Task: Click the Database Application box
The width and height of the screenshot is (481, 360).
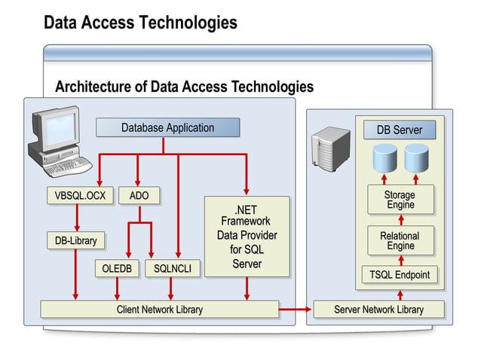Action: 167,128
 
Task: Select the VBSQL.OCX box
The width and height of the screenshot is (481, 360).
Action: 80,196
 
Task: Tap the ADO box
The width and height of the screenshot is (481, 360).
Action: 139,196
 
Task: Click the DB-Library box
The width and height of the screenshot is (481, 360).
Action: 75,240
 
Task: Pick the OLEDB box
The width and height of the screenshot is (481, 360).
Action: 117,268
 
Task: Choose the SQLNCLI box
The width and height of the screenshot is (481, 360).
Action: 172,268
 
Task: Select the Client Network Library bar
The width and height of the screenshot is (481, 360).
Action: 159,309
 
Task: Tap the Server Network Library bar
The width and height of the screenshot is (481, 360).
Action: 378,309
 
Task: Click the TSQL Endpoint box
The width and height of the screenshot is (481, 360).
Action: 400,275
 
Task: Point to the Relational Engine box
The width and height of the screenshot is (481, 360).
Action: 400,240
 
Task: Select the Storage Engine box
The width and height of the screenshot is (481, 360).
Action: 400,200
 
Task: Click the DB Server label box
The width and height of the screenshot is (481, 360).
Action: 400,130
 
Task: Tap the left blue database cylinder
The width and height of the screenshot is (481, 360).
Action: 384,159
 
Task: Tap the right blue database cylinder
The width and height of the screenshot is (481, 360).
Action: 416,159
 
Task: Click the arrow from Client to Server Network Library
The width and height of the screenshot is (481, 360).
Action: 296,309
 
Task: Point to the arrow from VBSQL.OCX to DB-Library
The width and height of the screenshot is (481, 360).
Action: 76,218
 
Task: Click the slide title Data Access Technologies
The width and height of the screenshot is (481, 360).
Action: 140,23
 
